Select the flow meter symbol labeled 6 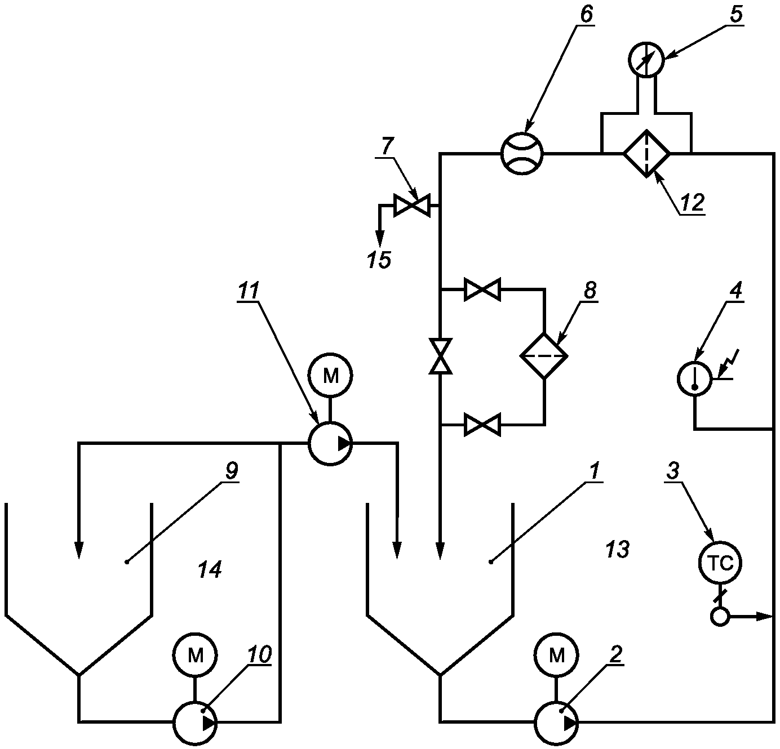(x=522, y=153)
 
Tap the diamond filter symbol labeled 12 (x=646, y=153)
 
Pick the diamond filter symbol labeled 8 (x=544, y=355)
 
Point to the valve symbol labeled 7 (x=412, y=206)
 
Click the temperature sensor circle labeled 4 (x=695, y=378)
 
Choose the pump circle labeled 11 (x=330, y=443)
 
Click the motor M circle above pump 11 (x=330, y=375)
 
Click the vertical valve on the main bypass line (x=441, y=356)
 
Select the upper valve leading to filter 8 (x=482, y=289)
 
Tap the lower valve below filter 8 (x=482, y=425)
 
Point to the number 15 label (x=379, y=260)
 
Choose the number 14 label (x=210, y=569)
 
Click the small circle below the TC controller (x=720, y=617)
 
